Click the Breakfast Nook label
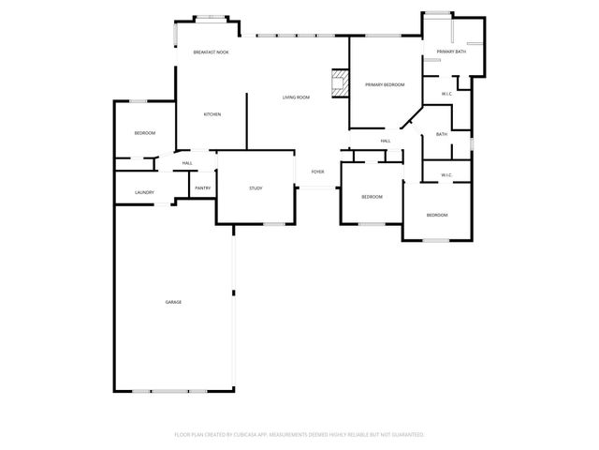[211, 52]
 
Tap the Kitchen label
[212, 114]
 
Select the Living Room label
[297, 97]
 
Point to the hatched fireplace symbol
[341, 84]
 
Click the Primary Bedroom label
[385, 85]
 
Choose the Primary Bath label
[452, 52]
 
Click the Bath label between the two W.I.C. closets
[441, 134]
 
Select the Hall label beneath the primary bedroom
[385, 142]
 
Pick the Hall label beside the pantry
[187, 164]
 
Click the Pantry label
[202, 187]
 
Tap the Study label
[256, 188]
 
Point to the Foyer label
[318, 172]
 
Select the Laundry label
[144, 193]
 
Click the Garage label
[173, 302]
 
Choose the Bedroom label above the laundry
[144, 133]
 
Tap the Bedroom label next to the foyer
[372, 197]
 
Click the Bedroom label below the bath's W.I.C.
[437, 216]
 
